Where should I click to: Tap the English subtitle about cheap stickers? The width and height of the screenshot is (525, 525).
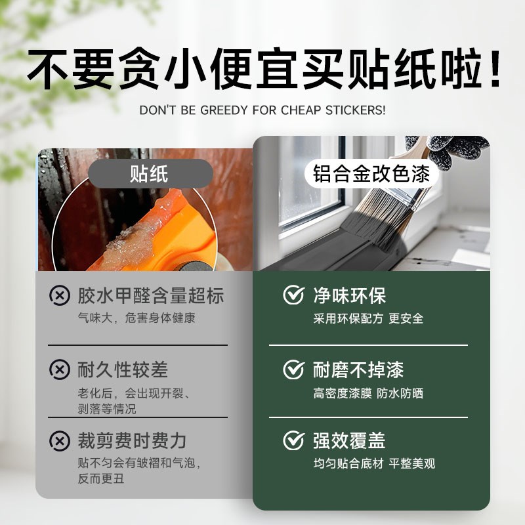tap(262, 110)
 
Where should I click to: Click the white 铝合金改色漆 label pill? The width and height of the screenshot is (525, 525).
tap(371, 175)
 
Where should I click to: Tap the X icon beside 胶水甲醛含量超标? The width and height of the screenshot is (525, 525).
tap(60, 295)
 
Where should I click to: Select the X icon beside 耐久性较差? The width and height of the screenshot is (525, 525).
tap(60, 369)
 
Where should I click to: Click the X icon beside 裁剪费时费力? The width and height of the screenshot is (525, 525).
tap(60, 440)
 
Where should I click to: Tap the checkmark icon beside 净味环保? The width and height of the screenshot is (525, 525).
tap(293, 295)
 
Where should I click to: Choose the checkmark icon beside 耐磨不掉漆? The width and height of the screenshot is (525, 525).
tap(293, 369)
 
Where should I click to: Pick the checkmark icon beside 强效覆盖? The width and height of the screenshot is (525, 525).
tap(293, 440)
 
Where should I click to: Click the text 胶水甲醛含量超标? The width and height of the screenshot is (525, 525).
tap(150, 295)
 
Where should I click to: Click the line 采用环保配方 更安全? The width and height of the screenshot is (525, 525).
tap(368, 318)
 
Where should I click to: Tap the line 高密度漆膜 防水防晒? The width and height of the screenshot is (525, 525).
tap(368, 394)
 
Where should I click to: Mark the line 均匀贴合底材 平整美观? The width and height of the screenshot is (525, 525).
tap(374, 463)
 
